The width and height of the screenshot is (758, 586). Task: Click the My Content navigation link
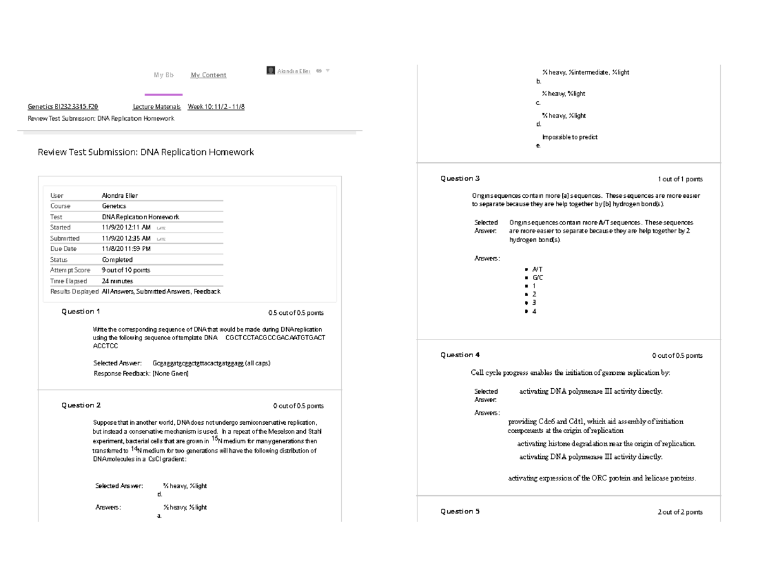pos(208,75)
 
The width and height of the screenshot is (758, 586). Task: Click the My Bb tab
pos(164,75)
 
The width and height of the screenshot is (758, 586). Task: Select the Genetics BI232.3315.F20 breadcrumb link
pos(63,107)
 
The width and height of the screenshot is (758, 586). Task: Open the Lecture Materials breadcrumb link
pos(157,107)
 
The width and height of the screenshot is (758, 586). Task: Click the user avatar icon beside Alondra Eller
pos(271,71)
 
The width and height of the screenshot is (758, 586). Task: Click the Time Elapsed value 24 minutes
pos(117,281)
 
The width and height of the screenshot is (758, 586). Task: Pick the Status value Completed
pos(117,260)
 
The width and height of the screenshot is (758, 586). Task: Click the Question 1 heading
pos(80,312)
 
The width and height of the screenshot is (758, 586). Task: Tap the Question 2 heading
pos(80,405)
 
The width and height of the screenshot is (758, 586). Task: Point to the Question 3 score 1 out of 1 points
pos(680,180)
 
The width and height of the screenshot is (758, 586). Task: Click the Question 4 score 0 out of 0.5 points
pos(677,356)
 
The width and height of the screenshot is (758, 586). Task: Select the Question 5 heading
pos(460,511)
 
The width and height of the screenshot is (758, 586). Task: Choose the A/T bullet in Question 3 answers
pos(537,269)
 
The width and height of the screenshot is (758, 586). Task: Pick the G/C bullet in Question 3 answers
pos(538,278)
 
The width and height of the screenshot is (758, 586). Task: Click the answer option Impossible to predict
pos(570,137)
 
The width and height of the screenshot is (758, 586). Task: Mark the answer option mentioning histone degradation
pos(606,444)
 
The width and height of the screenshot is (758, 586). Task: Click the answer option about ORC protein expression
pos(602,479)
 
